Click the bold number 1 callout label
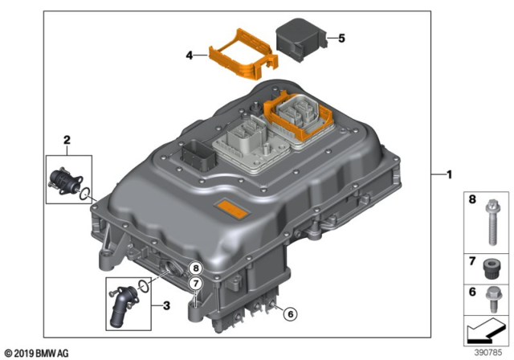point(450,174)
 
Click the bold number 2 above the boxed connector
point(68,140)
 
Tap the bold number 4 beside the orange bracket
point(190,56)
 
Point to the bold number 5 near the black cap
point(341,38)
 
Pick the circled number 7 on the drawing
point(194,284)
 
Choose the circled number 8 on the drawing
point(194,268)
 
